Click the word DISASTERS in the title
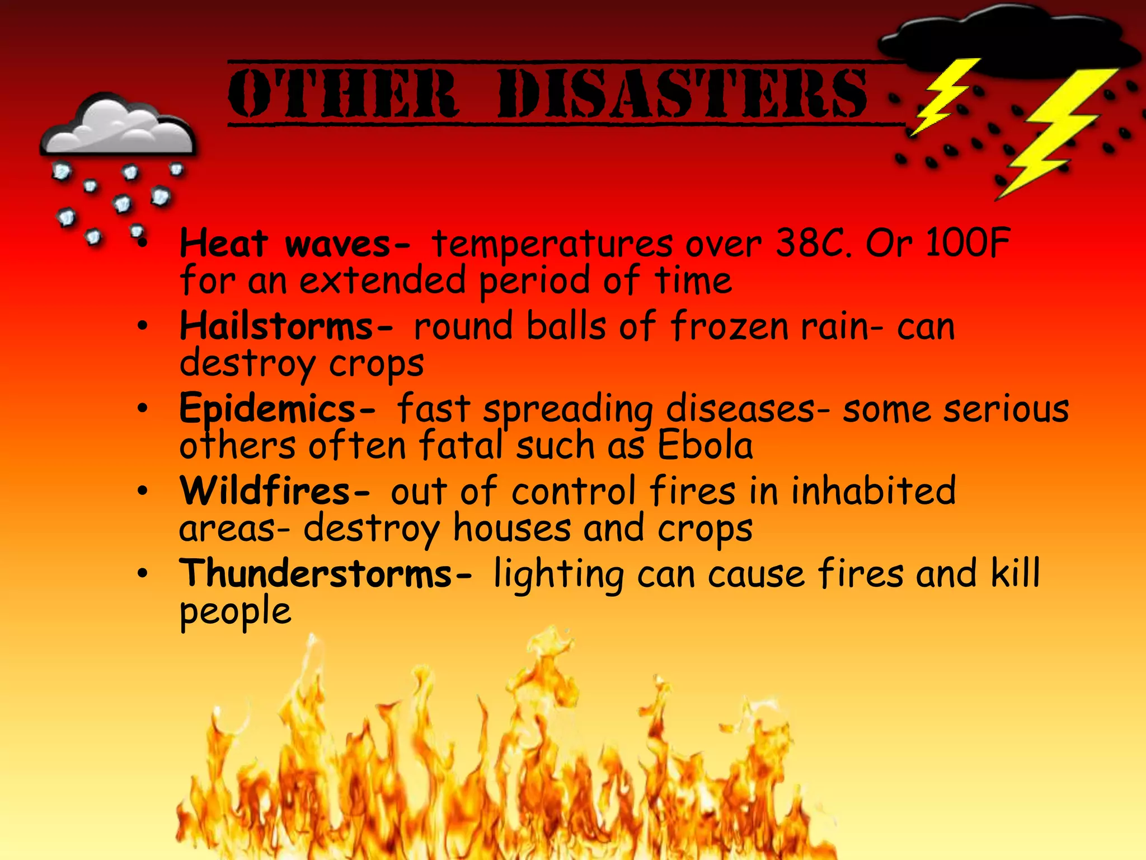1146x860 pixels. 682,94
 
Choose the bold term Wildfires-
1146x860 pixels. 274,490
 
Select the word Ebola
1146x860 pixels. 704,446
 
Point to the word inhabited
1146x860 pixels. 873,490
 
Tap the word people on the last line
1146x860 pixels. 235,611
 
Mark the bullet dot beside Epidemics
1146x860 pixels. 143,408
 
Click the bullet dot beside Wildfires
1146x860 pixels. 143,491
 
